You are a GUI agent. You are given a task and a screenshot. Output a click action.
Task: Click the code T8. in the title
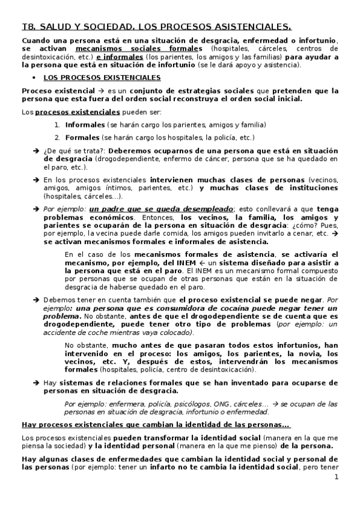(28, 26)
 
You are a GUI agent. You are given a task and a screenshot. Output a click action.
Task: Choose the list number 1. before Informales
(57, 125)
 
